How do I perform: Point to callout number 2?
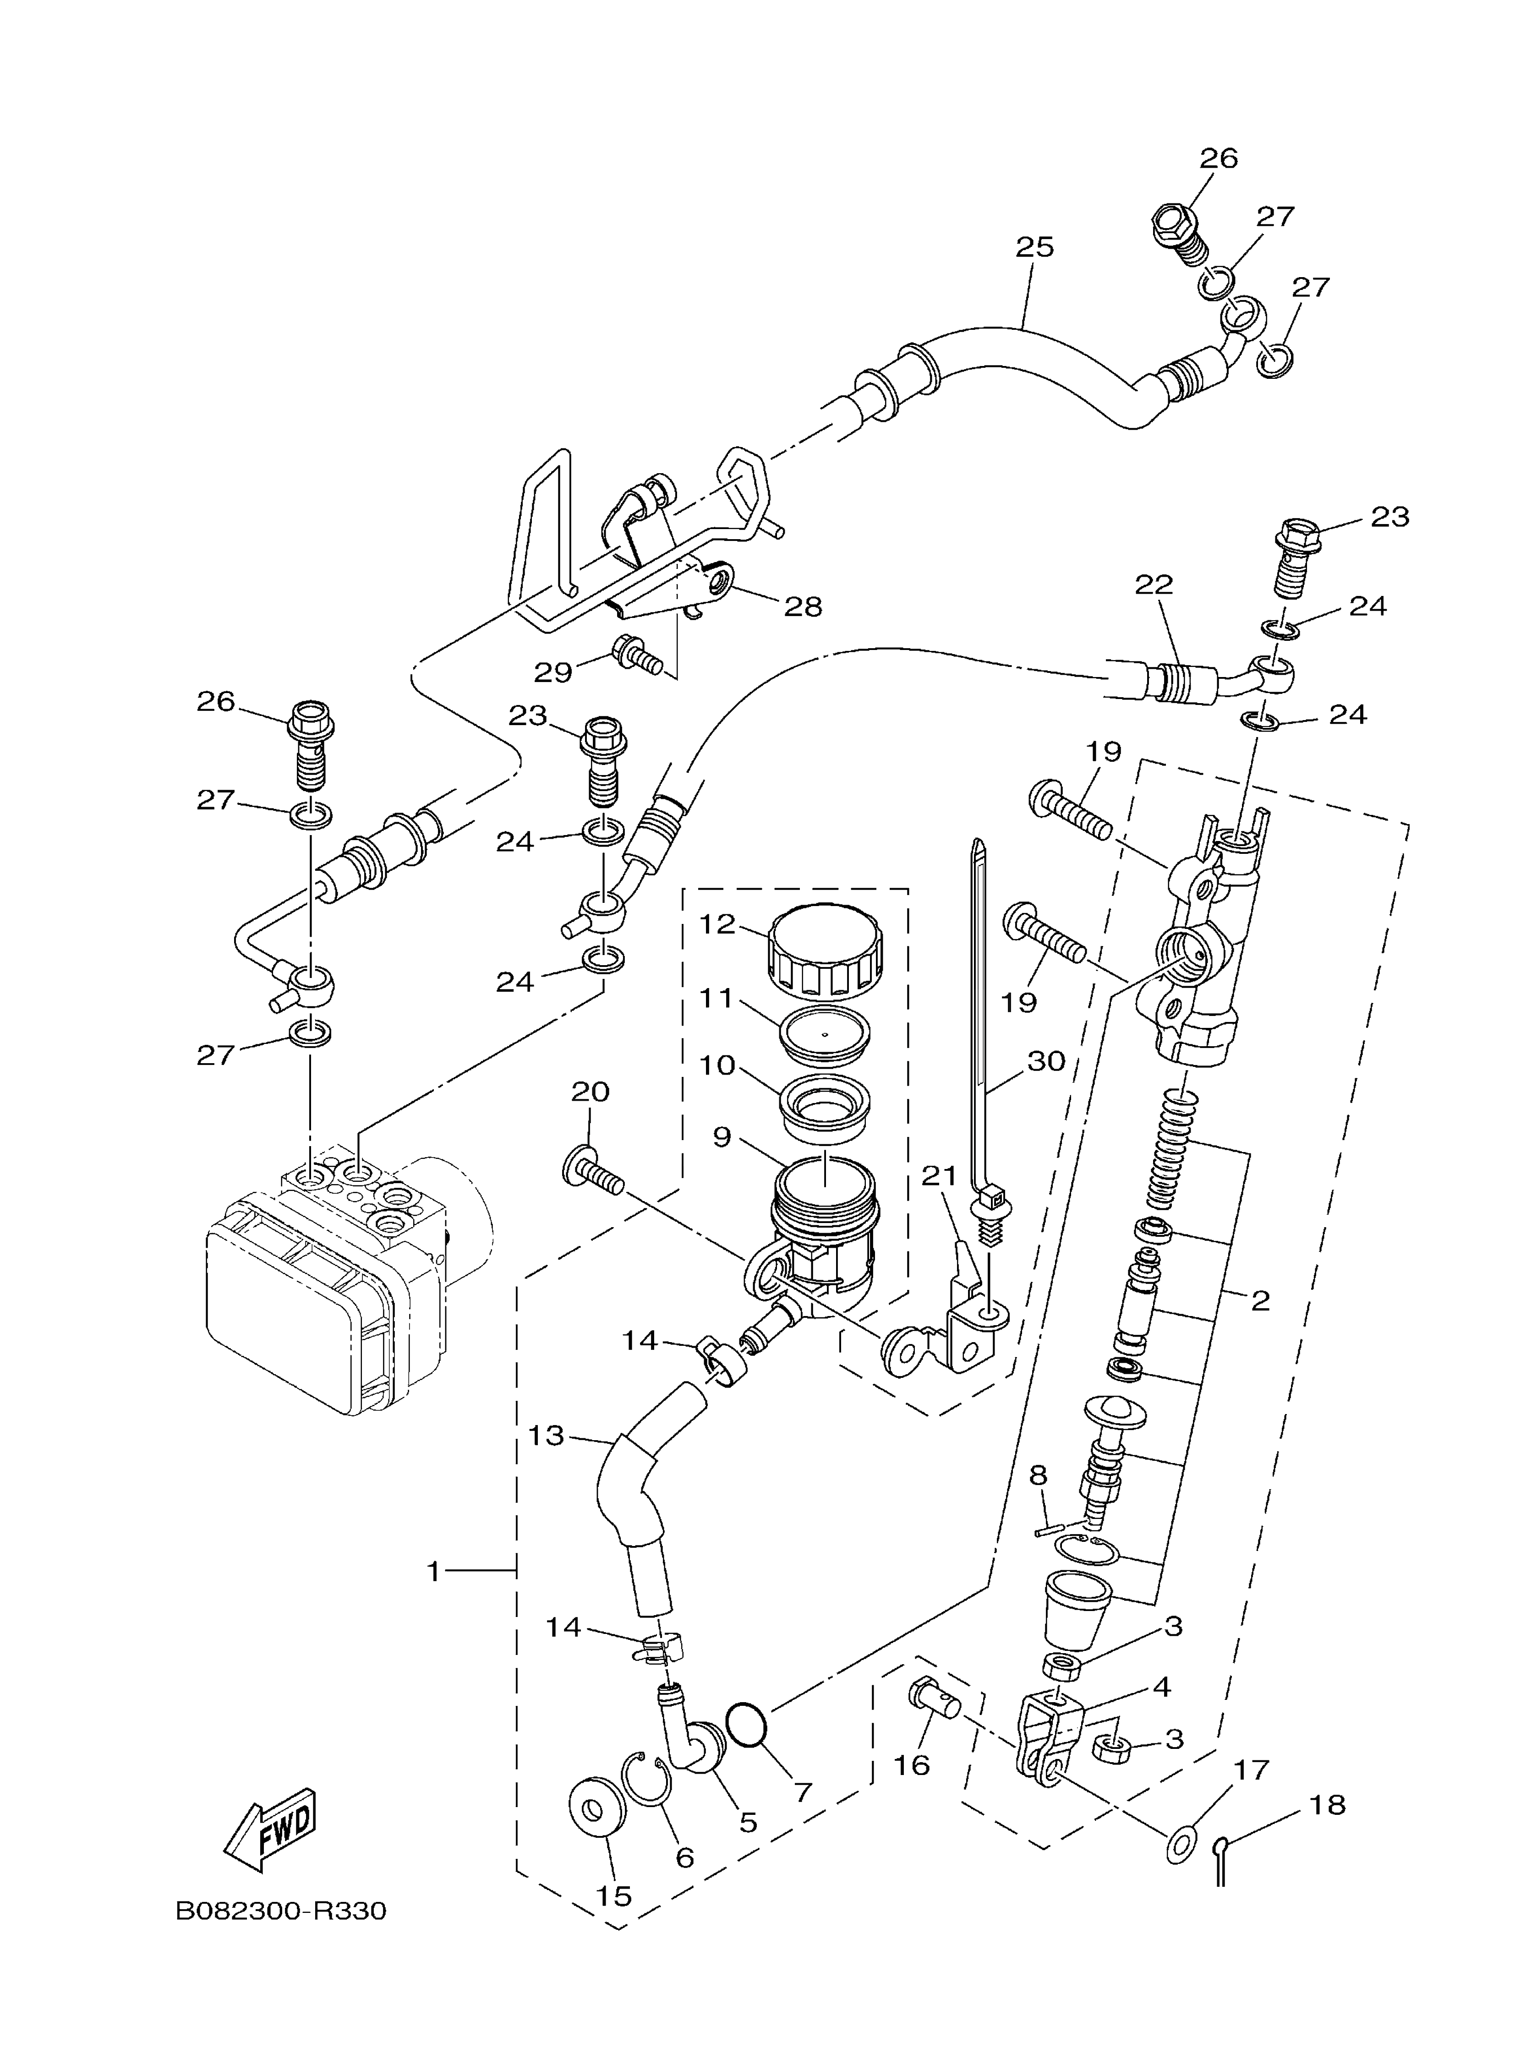click(1260, 1300)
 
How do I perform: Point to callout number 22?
click(1154, 584)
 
